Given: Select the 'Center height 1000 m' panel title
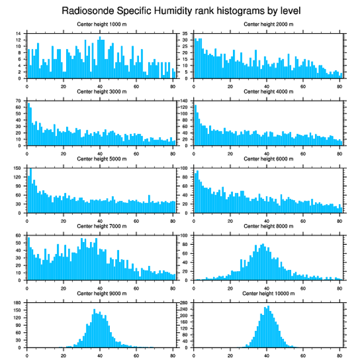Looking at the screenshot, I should [x=102, y=24].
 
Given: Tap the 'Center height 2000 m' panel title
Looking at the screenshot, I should [x=268, y=24].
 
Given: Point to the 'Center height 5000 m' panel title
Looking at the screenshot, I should [x=102, y=159].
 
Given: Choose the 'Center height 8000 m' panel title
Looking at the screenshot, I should [x=268, y=226].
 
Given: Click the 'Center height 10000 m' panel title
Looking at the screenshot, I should [x=268, y=293].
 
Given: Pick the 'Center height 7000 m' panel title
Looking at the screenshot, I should [x=102, y=226].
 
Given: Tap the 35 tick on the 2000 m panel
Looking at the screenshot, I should [x=186, y=34].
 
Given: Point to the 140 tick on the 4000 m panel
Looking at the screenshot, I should [x=184, y=101].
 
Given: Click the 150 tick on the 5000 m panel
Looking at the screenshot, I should [x=18, y=168].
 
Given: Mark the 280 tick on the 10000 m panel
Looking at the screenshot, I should [x=184, y=303].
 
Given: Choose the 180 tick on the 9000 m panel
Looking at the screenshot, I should [x=18, y=303].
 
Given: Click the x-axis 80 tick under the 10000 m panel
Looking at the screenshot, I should [x=339, y=353].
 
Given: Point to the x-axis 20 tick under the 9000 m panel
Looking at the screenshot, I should [x=64, y=353].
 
